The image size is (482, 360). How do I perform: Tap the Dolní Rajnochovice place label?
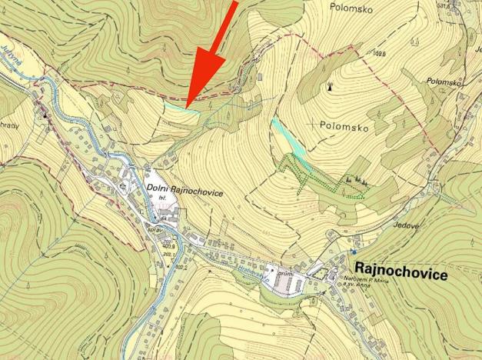[183, 193]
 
